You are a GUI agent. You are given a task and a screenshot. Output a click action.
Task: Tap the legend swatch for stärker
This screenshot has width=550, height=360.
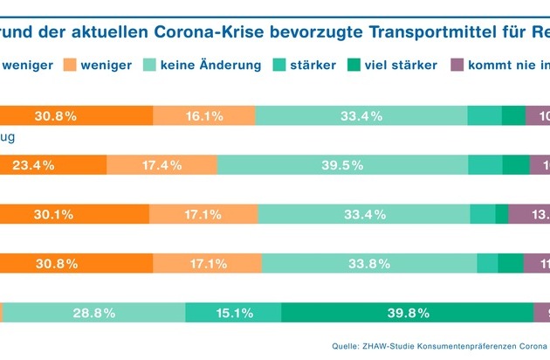pyautogui.click(x=281, y=65)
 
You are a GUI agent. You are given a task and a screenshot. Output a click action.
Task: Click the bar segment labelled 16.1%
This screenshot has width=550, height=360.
pyautogui.click(x=204, y=116)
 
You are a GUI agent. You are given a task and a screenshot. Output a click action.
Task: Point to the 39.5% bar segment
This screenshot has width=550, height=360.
pyautogui.click(x=343, y=165)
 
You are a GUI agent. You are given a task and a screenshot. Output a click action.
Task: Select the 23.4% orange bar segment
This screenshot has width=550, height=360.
pyautogui.click(x=52, y=165)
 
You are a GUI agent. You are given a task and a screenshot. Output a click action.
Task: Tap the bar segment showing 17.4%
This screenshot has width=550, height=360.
pyautogui.click(x=162, y=165)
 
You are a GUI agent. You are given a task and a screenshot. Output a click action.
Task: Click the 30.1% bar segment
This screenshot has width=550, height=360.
pyautogui.click(x=74, y=214)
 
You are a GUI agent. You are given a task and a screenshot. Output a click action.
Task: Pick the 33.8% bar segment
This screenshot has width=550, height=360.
pyautogui.click(x=368, y=263)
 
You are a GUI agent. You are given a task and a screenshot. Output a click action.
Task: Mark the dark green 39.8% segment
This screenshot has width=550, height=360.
pyautogui.click(x=407, y=312)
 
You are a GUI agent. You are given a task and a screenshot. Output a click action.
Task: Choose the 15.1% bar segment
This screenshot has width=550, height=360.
pyautogui.click(x=233, y=312)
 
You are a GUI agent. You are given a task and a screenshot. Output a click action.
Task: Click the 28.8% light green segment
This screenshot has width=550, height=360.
pyautogui.click(x=94, y=312)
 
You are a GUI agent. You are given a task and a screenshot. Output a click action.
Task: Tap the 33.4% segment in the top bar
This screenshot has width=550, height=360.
pyautogui.click(x=361, y=116)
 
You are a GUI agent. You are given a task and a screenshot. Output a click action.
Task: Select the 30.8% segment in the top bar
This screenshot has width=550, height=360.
pyautogui.click(x=76, y=116)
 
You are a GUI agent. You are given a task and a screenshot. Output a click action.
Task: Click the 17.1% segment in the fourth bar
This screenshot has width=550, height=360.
pyautogui.click(x=207, y=263)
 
